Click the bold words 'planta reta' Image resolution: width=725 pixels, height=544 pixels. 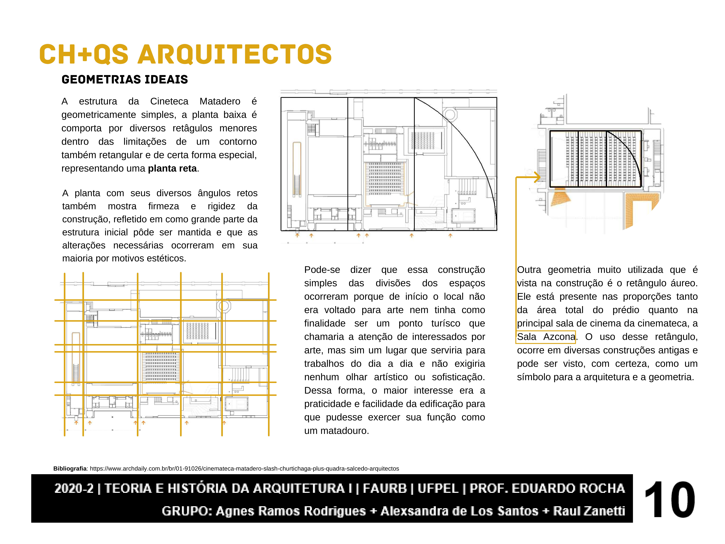click(172, 169)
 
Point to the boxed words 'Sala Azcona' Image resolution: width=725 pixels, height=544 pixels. click(546, 337)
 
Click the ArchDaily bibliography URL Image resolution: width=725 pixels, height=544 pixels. click(244, 469)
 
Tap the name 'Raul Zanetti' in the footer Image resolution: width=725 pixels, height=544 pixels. click(589, 511)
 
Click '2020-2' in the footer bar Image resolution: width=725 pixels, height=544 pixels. click(74, 489)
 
